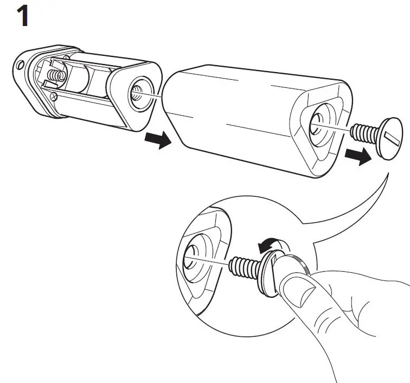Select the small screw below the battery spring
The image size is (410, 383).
click(x=54, y=96)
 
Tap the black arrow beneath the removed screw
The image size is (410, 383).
click(x=358, y=156)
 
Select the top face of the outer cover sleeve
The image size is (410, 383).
click(x=244, y=81)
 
